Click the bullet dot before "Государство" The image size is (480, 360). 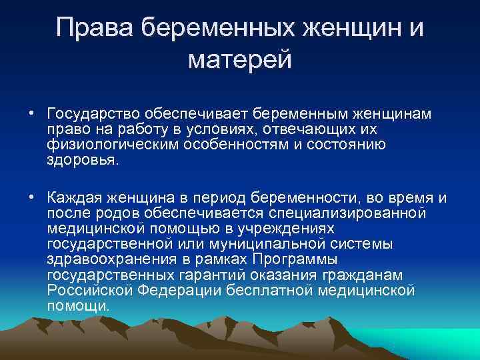[31, 113]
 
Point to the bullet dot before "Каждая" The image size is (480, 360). [31, 197]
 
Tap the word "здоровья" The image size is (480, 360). [80, 159]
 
